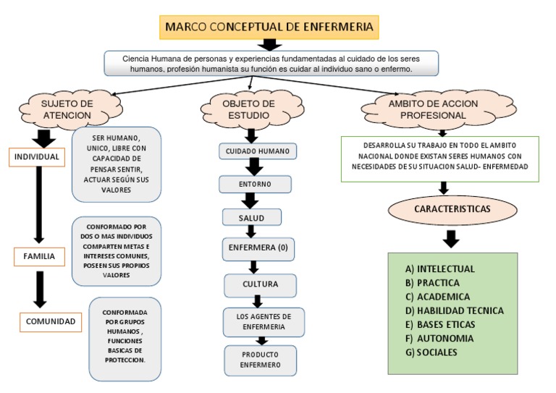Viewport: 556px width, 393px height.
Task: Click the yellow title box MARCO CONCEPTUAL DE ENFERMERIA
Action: coord(269,27)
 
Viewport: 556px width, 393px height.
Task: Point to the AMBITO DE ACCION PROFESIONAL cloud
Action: coord(438,109)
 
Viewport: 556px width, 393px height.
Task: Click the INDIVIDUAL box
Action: coord(37,157)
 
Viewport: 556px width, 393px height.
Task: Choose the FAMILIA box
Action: coord(39,256)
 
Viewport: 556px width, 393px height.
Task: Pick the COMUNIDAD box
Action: coord(51,322)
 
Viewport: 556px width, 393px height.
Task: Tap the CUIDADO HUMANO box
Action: coord(258,151)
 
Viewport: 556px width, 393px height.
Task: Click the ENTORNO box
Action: coord(256,185)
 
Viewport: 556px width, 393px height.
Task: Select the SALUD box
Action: coord(252,217)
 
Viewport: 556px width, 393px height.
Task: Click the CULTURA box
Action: coord(261,285)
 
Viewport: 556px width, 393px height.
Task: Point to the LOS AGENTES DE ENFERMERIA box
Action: coord(264,322)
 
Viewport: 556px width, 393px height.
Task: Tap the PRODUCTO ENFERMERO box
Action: coord(261,360)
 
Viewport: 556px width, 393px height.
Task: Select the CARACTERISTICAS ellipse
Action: coord(452,209)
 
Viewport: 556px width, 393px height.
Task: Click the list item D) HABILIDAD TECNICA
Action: coord(454,310)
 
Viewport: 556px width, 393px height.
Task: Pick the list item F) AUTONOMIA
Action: coord(439,339)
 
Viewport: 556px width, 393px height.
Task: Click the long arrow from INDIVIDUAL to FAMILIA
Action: coord(39,205)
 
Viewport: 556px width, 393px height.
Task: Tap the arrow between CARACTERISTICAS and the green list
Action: coord(451,240)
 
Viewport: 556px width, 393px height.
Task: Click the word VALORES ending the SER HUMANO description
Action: coord(117,190)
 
